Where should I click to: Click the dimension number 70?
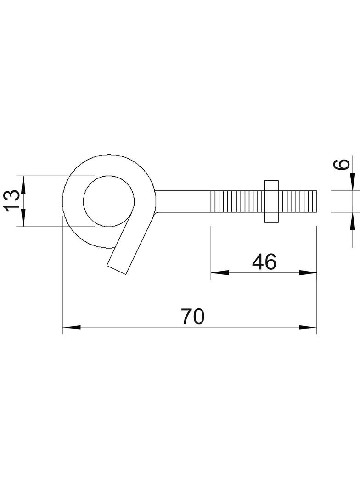click(192, 317)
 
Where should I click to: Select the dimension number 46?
click(264, 262)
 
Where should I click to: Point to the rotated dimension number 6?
click(342, 164)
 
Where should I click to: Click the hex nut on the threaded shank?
click(271, 201)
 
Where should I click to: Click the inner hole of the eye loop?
click(108, 201)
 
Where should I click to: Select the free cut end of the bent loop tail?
click(117, 270)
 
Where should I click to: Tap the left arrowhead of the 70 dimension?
click(71, 328)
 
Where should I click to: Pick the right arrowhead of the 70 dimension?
click(308, 328)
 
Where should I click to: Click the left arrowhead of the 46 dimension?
click(219, 272)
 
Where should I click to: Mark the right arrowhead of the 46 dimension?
click(308, 272)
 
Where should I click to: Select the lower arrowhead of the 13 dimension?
click(23, 217)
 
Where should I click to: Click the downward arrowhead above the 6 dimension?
click(352, 182)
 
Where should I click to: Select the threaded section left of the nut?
click(236, 201)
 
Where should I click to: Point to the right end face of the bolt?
click(317, 201)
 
